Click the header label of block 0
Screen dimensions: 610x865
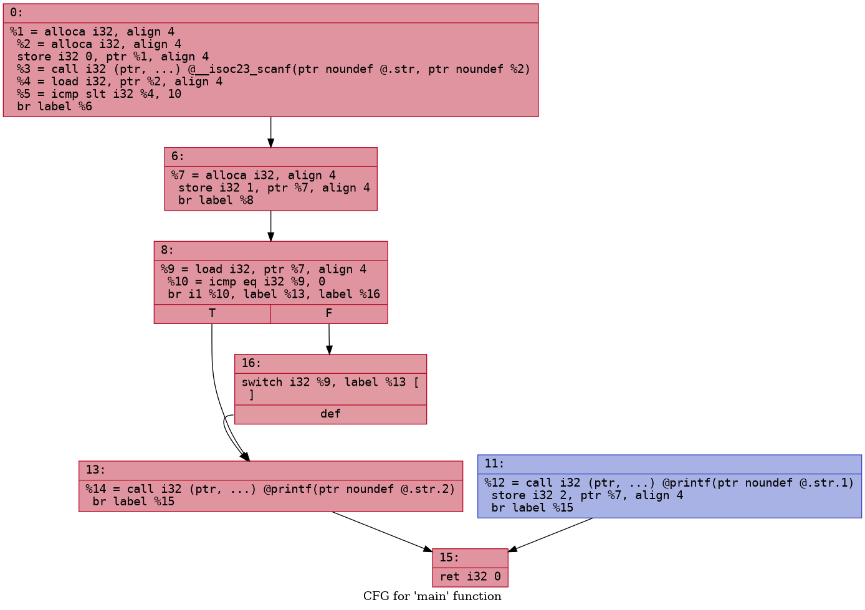tap(16, 13)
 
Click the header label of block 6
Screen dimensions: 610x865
tap(178, 157)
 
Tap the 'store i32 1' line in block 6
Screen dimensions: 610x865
tap(274, 188)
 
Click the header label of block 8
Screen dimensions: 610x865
tap(167, 250)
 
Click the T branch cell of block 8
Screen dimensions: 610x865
tap(213, 313)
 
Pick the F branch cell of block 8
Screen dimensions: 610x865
tap(328, 313)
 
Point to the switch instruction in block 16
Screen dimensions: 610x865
tap(330, 382)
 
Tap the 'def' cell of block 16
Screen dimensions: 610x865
tap(330, 414)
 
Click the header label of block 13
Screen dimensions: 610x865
tap(95, 470)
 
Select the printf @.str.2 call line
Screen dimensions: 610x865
tap(270, 489)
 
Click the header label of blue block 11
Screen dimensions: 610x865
tap(494, 464)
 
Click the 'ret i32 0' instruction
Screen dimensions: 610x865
tap(470, 576)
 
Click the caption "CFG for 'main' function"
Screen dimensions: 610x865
tap(432, 597)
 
